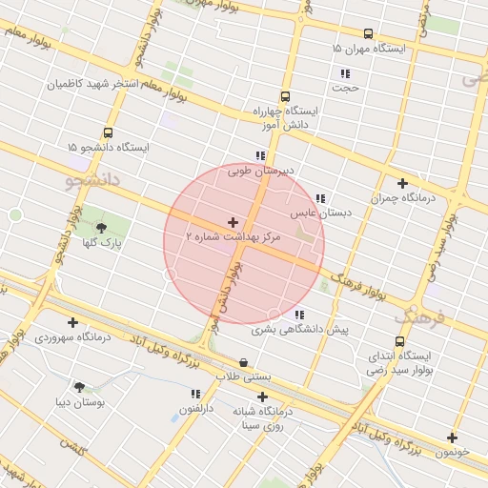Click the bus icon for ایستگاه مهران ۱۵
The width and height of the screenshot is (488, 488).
click(x=368, y=33)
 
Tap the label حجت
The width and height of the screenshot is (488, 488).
click(x=345, y=88)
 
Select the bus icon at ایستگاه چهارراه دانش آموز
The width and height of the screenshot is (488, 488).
click(x=285, y=96)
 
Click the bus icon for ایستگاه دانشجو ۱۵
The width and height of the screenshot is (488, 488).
click(x=108, y=133)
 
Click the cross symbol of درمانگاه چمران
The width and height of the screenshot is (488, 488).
click(x=402, y=183)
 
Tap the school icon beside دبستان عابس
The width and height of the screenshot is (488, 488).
click(x=320, y=199)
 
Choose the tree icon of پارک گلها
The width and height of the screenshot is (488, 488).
click(x=102, y=227)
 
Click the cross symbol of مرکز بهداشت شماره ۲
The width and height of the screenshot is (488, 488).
click(x=233, y=222)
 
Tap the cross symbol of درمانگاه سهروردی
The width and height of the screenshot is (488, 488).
click(x=72, y=322)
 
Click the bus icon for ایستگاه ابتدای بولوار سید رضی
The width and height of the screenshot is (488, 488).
click(x=398, y=341)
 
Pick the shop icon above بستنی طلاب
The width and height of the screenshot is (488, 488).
click(x=244, y=362)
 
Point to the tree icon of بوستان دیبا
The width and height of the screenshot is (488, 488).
click(x=78, y=387)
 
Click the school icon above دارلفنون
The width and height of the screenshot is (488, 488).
click(x=195, y=394)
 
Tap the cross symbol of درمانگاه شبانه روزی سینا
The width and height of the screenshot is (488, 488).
click(x=262, y=397)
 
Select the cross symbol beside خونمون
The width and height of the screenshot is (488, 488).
click(x=452, y=438)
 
